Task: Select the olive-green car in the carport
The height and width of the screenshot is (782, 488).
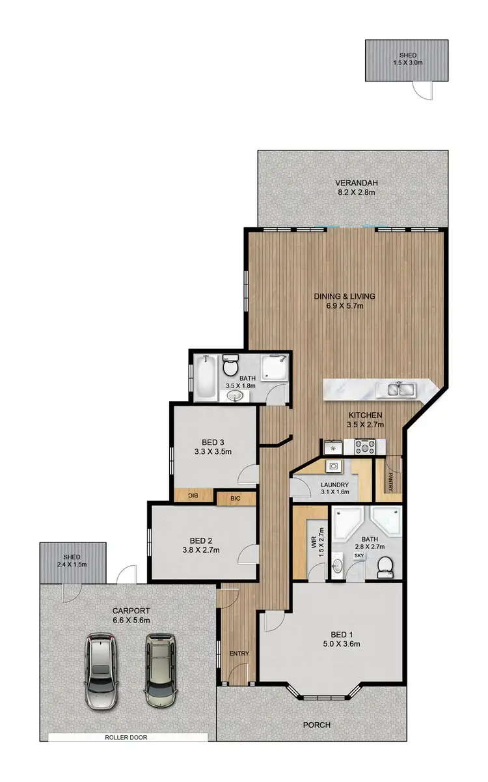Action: click(x=160, y=671)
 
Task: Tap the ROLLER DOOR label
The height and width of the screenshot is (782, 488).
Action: click(x=128, y=737)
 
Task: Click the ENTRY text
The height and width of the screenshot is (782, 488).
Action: click(x=235, y=654)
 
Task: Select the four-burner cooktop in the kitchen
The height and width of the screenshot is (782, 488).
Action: click(x=362, y=447)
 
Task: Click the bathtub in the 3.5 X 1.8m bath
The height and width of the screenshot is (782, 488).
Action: click(x=206, y=376)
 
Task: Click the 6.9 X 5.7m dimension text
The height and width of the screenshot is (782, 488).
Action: click(x=354, y=306)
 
